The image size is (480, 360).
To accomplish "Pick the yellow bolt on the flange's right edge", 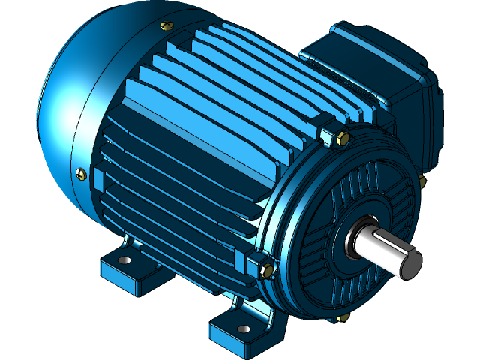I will point(423,182).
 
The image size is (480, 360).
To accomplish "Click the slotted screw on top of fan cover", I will point(164,27).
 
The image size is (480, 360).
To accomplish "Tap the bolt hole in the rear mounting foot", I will point(124,260).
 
